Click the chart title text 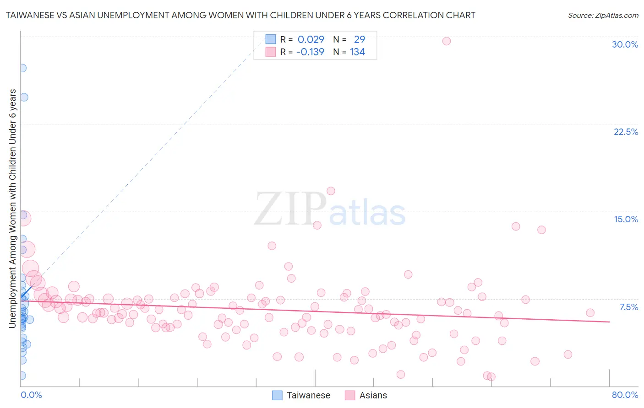coord(240,15)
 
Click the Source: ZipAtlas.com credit coord(603,16)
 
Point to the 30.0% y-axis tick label coord(625,44)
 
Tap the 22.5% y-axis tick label coord(626,132)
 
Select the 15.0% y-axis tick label coord(626,219)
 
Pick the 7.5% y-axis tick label coord(628,307)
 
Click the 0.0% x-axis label coord(31,395)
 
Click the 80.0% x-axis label coord(625,395)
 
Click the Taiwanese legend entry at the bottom coord(301,395)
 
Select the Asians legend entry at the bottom coord(366,395)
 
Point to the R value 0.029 coord(311,40)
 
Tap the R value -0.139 coord(310,52)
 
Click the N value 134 coord(357,52)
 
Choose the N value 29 coord(359,40)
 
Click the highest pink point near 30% coord(447,41)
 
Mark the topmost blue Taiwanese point coord(22,68)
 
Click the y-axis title coord(13,208)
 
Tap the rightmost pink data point coord(590,313)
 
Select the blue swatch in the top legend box coord(271,39)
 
